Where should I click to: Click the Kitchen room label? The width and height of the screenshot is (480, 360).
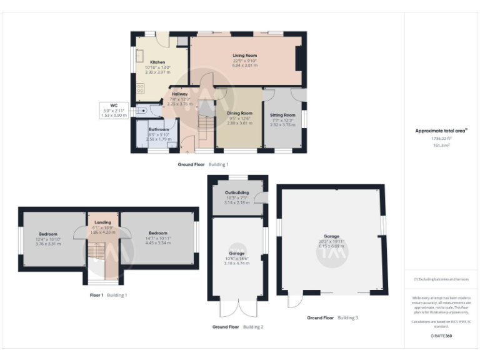[157, 62]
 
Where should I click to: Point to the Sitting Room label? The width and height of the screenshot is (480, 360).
[282, 115]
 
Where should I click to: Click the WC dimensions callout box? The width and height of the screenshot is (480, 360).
[114, 111]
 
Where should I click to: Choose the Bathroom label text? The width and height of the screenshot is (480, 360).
[158, 129]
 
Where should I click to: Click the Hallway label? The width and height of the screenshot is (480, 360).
[180, 94]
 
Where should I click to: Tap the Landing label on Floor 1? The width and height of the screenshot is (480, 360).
[102, 221]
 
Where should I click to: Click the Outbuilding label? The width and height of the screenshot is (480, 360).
[237, 192]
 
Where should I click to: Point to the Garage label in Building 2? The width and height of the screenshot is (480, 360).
[237, 254]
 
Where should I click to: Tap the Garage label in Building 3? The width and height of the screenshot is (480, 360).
[331, 237]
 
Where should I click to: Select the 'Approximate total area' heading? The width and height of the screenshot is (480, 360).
[441, 131]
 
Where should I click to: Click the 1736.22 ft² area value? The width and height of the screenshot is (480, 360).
[441, 139]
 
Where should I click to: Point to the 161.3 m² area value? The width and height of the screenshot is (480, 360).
[441, 144]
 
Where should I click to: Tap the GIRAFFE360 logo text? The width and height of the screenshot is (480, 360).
[441, 336]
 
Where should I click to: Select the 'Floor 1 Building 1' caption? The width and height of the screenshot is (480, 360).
[108, 294]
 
